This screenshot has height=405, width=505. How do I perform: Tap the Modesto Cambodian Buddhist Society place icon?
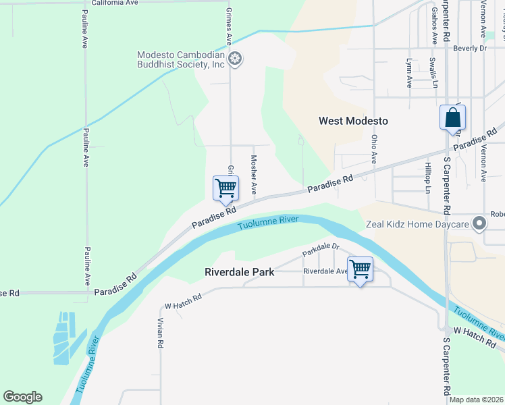[x=235, y=59]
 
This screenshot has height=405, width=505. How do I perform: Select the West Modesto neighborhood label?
[x=353, y=121]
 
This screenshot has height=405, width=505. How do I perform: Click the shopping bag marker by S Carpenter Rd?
[x=452, y=117]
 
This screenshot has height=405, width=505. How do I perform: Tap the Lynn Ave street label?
[x=409, y=73]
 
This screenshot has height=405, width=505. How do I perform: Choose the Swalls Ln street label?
[x=433, y=73]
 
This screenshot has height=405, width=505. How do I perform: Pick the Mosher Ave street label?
[x=254, y=174]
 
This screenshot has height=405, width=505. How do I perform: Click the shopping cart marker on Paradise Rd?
[x=225, y=188]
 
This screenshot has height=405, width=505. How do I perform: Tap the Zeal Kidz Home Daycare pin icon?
[x=480, y=223]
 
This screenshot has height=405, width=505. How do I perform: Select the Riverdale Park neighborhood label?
[x=240, y=272]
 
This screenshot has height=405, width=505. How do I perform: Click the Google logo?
[x=22, y=397]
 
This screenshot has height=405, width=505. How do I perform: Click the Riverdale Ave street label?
[x=325, y=271]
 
